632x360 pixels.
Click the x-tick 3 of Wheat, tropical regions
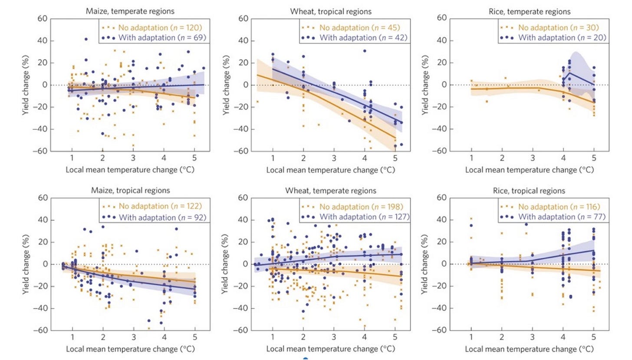(x=334, y=158)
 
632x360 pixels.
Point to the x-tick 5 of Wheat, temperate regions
(x=395, y=337)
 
